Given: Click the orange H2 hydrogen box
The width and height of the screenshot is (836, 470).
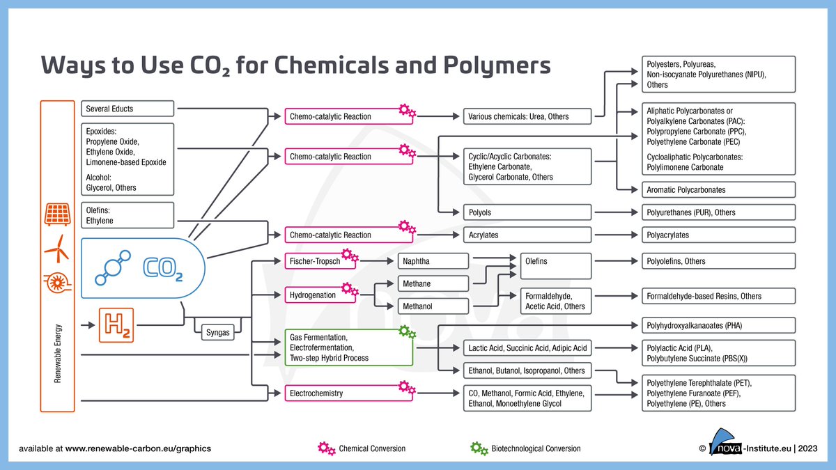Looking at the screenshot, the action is coord(116,325).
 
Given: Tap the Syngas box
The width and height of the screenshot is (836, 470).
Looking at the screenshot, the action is coord(218,332).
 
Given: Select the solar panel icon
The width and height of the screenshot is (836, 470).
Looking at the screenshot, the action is coord(57,214).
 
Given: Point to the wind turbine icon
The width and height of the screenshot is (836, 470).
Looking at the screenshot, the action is coord(57,249).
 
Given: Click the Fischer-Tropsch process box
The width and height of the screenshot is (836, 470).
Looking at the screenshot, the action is coord(320,261).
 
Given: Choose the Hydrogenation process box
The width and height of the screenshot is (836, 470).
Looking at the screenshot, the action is coord(320,295).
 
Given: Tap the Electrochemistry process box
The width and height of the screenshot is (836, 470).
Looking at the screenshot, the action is coord(349,393).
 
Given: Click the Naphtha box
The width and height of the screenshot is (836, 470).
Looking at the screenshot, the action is coord(433,261).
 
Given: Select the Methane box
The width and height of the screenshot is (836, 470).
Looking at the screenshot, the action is coord(433,284).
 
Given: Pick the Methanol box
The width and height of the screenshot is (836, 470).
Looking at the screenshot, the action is coord(433,306).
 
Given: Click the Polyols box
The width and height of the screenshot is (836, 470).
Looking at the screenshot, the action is coord(527,212).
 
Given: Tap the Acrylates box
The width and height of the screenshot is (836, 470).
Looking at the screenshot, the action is coord(527,235).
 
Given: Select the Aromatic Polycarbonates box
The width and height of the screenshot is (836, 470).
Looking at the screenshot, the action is coord(718,190).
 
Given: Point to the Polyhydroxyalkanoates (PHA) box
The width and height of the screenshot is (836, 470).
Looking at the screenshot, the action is coord(718,325).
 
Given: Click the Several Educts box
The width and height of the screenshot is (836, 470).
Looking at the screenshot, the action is coord(127,109).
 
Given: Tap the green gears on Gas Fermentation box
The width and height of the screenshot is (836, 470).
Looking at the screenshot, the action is coord(407,331).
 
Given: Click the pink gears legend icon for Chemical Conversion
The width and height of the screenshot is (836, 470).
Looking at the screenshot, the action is coord(327,448).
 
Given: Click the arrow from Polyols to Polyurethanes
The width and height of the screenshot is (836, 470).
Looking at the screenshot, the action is coord(616,212).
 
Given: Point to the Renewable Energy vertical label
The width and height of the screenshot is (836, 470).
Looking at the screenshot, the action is coord(57,353).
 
